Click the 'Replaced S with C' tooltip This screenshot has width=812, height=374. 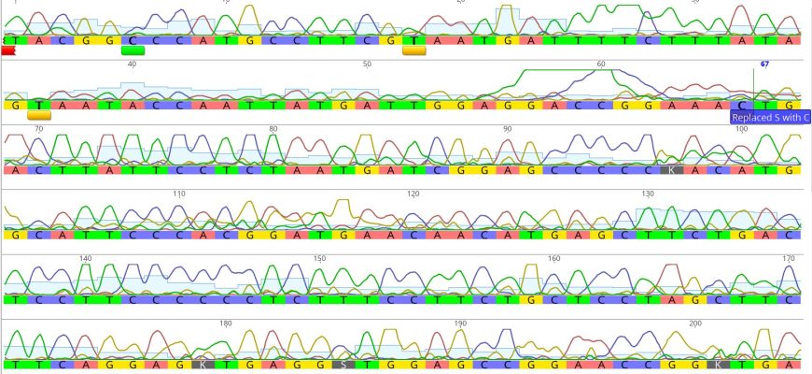click(770, 118)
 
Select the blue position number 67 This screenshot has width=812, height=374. click(764, 65)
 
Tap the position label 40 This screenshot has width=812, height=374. click(132, 65)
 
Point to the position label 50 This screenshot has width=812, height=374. click(367, 65)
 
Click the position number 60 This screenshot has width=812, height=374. click(601, 65)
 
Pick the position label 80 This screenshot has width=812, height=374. click(273, 129)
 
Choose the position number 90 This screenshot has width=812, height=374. click(507, 129)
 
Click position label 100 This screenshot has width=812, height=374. click(741, 129)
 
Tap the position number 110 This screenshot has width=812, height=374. click(179, 194)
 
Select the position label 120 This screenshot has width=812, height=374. click(413, 194)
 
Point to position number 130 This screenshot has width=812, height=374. click(648, 194)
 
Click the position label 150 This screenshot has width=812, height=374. click(319, 258)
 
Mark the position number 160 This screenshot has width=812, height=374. click(553, 258)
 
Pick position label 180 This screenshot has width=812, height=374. click(225, 324)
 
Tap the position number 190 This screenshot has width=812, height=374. click(460, 324)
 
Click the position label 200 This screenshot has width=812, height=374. click(694, 324)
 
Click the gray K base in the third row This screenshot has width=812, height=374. click(671, 170)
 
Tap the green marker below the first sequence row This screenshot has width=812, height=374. click(133, 51)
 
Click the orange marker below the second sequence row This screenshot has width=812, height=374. click(38, 116)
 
